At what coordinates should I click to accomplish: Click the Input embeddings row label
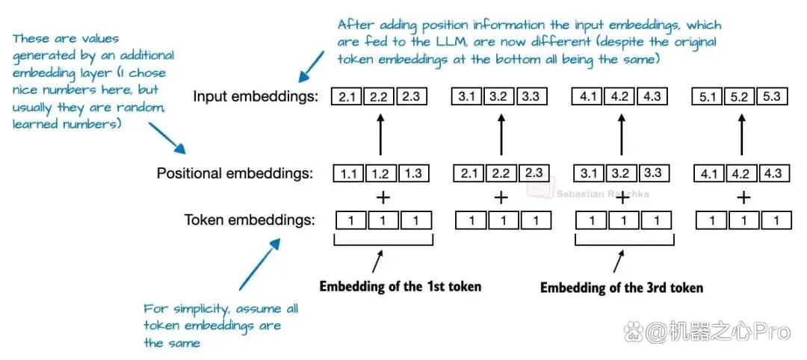pyautogui.click(x=256, y=96)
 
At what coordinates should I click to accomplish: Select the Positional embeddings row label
pyautogui.click(x=235, y=173)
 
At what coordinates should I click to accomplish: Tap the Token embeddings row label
pyautogui.click(x=250, y=220)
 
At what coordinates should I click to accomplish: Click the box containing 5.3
pyautogui.click(x=771, y=96)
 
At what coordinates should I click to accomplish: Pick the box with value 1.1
pyautogui.click(x=349, y=174)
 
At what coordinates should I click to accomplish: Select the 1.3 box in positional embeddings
pyautogui.click(x=412, y=173)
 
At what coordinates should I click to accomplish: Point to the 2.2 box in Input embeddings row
pyautogui.click(x=379, y=96)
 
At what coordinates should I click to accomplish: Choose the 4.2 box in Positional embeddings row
pyautogui.click(x=740, y=173)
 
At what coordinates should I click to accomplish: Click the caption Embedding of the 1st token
pyautogui.click(x=401, y=286)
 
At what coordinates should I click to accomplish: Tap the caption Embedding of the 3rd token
pyautogui.click(x=621, y=287)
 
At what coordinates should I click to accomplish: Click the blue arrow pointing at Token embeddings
pyautogui.click(x=259, y=264)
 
